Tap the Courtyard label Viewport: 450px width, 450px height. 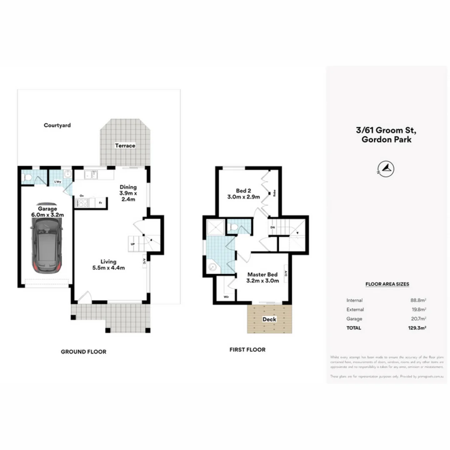pyautogui.click(x=57, y=125)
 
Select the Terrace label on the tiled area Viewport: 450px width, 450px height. pyautogui.click(x=125, y=145)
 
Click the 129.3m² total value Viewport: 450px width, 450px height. pyautogui.click(x=417, y=328)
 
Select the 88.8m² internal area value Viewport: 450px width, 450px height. pyautogui.click(x=418, y=300)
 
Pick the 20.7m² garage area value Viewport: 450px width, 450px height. pyautogui.click(x=418, y=319)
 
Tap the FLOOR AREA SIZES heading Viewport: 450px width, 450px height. pyautogui.click(x=387, y=284)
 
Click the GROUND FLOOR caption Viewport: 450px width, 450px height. pyautogui.click(x=83, y=352)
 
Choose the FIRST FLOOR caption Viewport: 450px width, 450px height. pyautogui.click(x=247, y=350)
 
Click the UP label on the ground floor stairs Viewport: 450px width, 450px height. pyautogui.click(x=132, y=244)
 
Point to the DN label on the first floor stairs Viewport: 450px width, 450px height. pyautogui.click(x=272, y=227)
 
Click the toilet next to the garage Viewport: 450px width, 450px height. pyautogui.click(x=27, y=178)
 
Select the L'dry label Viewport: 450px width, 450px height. pyautogui.click(x=56, y=182)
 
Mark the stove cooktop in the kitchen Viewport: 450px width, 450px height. pyautogui.click(x=81, y=203)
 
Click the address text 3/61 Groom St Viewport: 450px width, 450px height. pyautogui.click(x=385, y=130)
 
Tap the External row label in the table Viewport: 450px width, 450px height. pyautogui.click(x=355, y=310)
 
